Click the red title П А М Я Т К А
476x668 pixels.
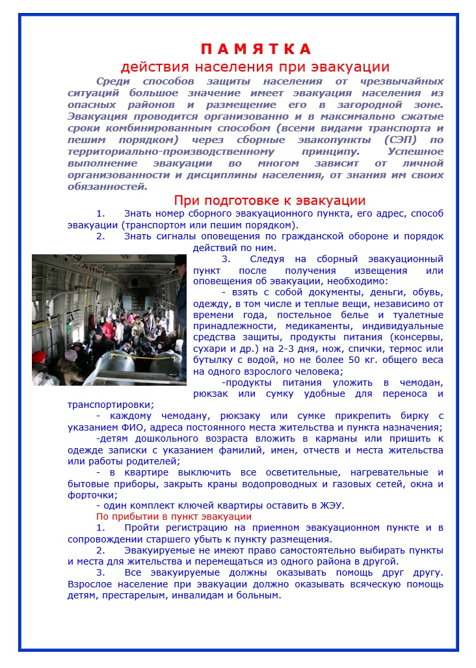(x=256, y=49)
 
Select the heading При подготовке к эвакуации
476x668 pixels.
(x=269, y=200)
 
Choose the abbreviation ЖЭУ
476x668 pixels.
(x=330, y=505)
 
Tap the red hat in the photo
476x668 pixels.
(x=39, y=356)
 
